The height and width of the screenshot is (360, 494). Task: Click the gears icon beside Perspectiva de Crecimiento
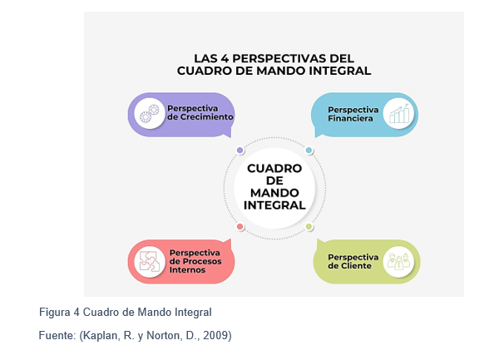[x=150, y=113]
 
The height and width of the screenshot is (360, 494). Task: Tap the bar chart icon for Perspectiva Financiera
[x=399, y=114]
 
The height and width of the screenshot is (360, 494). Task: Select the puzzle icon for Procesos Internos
[x=150, y=261]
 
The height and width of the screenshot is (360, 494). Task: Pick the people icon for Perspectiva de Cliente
[x=398, y=261]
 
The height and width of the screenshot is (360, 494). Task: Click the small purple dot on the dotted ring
[x=240, y=150]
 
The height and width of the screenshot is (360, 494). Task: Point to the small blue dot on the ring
[x=309, y=150]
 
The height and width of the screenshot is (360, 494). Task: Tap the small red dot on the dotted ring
[x=240, y=226]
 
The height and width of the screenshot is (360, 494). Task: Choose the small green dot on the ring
[x=309, y=226]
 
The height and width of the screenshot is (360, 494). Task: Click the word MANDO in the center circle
[x=274, y=193]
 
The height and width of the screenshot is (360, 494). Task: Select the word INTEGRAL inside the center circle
[x=274, y=205]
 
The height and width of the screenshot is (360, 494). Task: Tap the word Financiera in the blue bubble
[x=350, y=118]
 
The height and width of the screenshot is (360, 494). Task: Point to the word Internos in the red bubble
[x=187, y=270]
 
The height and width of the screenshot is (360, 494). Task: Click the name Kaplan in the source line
[x=101, y=336]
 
